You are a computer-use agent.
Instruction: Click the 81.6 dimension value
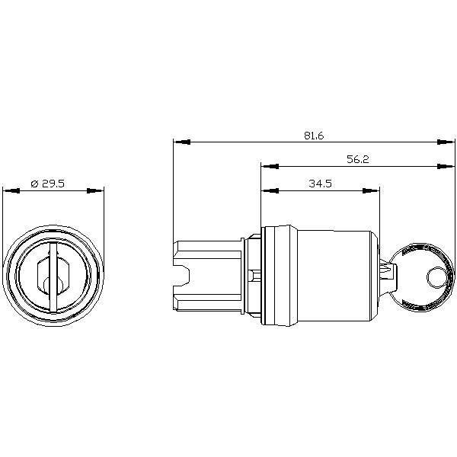314,136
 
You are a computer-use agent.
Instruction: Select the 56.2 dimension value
358,159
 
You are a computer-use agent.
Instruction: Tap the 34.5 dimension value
321,184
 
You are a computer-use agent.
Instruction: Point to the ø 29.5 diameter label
47,184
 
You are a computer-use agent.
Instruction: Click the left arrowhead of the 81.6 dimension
181,142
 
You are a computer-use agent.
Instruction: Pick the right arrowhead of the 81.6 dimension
446,142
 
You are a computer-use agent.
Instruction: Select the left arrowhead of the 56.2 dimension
270,166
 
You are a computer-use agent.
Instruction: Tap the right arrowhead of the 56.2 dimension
446,166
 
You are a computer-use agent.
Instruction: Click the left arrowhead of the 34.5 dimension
270,190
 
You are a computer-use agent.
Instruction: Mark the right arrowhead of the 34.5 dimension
371,190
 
